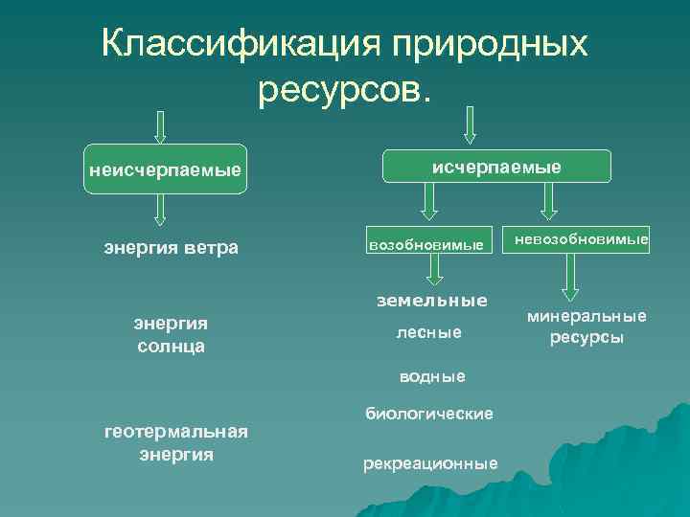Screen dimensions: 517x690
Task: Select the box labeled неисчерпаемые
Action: point(164,170)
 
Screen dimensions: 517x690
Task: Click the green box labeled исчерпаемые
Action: point(496,167)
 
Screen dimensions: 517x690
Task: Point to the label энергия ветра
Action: point(171,249)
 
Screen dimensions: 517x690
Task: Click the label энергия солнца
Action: point(171,332)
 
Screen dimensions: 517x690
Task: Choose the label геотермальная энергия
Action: point(175,442)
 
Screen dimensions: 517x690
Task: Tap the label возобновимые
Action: point(426,245)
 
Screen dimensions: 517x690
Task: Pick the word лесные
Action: point(428,332)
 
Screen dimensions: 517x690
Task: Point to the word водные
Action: point(433,376)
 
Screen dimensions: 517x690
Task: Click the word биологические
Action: point(428,413)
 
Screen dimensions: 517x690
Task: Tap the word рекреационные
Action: point(430,463)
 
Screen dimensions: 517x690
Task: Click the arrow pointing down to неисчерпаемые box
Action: point(160,126)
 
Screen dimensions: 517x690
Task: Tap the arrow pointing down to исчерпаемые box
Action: point(470,123)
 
